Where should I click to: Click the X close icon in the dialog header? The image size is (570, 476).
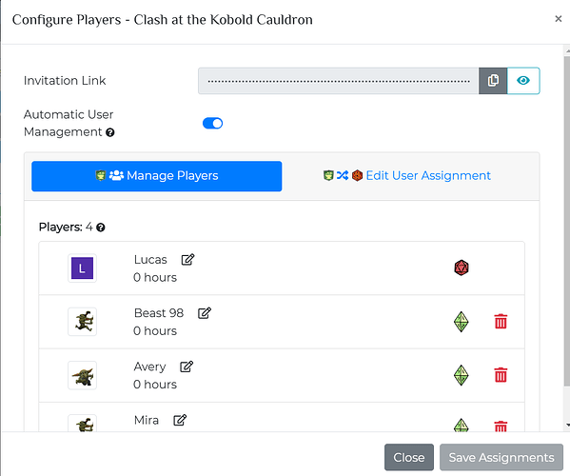tap(559, 18)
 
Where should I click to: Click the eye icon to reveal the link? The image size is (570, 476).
tap(523, 80)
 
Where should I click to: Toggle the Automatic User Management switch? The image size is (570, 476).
tap(212, 123)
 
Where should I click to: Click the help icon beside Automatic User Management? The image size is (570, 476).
tap(110, 132)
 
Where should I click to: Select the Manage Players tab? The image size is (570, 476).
tap(157, 176)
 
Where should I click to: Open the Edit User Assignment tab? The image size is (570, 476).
tap(407, 175)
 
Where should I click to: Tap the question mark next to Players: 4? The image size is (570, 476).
tap(101, 228)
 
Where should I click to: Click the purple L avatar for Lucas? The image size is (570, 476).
tap(82, 268)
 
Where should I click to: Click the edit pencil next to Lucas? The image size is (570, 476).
tap(188, 259)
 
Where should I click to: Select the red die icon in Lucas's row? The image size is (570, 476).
tap(462, 268)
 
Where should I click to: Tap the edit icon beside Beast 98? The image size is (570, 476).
tap(205, 312)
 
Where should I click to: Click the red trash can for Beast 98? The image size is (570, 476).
tap(501, 322)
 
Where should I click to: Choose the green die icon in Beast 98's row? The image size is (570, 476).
tap(462, 322)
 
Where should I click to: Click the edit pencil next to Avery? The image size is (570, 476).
tap(187, 367)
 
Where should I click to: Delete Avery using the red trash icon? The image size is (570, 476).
tap(501, 375)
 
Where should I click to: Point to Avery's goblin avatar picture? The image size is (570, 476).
tap(83, 375)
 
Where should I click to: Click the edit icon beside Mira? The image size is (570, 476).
tap(180, 420)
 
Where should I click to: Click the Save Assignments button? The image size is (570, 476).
tap(501, 457)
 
